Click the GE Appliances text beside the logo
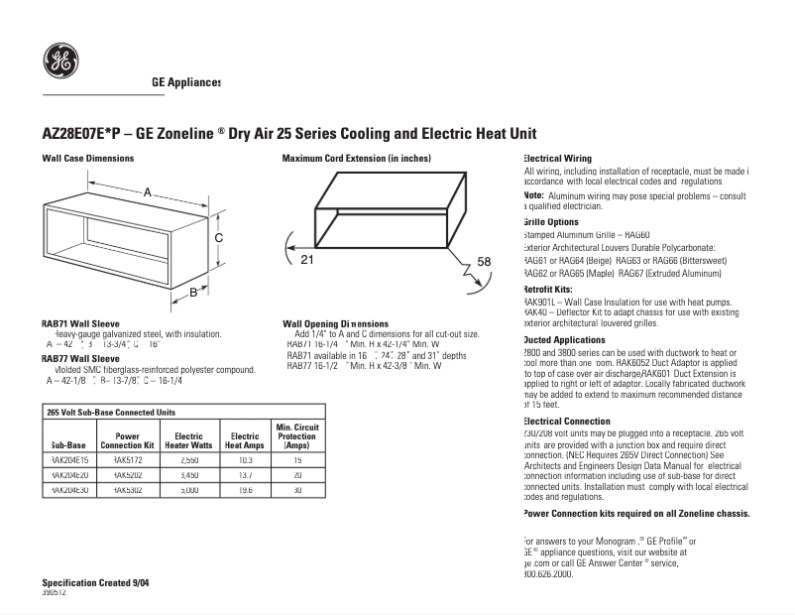click(185, 83)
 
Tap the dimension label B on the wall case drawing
click(194, 292)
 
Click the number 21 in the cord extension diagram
click(306, 260)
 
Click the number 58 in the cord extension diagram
click(483, 261)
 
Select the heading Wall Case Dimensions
click(87, 159)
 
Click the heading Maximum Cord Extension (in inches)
click(356, 159)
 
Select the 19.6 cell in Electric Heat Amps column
click(244, 490)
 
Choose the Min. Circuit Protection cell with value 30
click(296, 490)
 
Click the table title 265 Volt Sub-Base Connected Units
click(111, 411)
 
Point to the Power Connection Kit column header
click(127, 440)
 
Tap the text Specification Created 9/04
click(97, 581)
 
